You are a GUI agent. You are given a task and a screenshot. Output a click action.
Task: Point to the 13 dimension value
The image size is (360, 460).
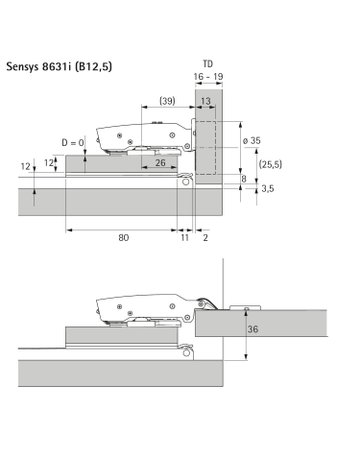click(x=205, y=101)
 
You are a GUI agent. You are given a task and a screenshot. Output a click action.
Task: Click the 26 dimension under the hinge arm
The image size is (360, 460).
click(x=160, y=162)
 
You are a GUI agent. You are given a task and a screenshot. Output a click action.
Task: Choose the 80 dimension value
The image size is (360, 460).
click(x=122, y=238)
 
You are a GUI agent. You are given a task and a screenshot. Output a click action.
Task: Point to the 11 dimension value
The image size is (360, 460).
click(x=185, y=238)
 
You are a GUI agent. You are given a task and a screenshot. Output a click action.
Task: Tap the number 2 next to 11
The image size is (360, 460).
click(x=206, y=238)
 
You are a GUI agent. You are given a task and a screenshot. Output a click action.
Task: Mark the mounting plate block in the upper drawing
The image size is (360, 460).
click(x=120, y=167)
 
